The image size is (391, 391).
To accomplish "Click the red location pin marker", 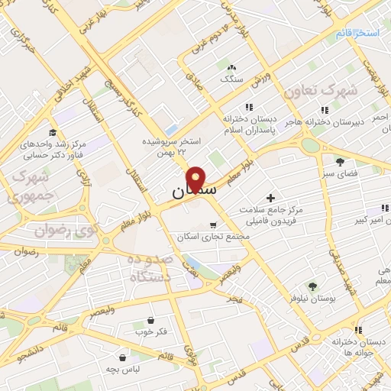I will [x=196, y=179].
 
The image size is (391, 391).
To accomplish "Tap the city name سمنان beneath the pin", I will [x=183, y=191].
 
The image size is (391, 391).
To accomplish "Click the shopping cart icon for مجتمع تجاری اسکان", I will [x=212, y=225].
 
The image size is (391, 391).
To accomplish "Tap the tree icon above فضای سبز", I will [x=340, y=161].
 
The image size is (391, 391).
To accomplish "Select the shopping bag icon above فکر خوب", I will [x=150, y=320].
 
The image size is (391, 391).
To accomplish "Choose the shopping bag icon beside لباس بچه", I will [x=123, y=357].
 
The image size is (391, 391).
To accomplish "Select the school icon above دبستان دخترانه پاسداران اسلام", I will [x=247, y=107].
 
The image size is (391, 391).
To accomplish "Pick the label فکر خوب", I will [x=150, y=331].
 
